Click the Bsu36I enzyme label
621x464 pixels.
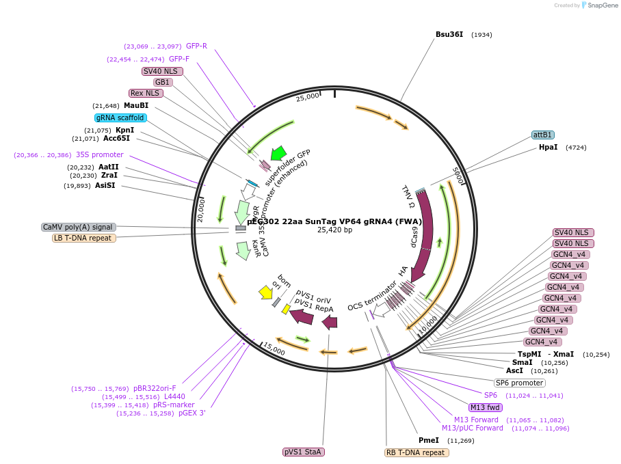pyautogui.click(x=449, y=34)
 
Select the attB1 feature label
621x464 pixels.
pyautogui.click(x=543, y=135)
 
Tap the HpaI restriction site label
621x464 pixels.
pyautogui.click(x=548, y=147)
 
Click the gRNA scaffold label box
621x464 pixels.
pyautogui.click(x=121, y=118)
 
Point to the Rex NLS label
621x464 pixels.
pyautogui.click(x=145, y=93)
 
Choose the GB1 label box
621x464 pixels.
pyautogui.click(x=163, y=82)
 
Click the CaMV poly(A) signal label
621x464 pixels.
pyautogui.click(x=79, y=227)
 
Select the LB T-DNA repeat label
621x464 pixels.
pyautogui.click(x=84, y=238)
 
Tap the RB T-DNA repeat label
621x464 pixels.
pyautogui.click(x=417, y=452)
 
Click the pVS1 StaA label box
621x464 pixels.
pyautogui.click(x=303, y=452)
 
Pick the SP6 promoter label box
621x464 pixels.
pyautogui.click(x=520, y=383)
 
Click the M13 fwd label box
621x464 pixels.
pyautogui.click(x=486, y=407)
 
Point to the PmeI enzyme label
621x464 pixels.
pyautogui.click(x=429, y=440)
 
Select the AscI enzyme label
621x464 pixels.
pyautogui.click(x=514, y=370)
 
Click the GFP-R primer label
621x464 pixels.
pyautogui.click(x=196, y=46)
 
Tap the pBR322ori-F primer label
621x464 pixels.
pyautogui.click(x=155, y=388)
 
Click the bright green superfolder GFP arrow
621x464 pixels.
pyautogui.click(x=278, y=153)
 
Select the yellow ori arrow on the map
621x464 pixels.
pyautogui.click(x=265, y=292)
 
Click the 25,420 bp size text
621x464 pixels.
pyautogui.click(x=334, y=230)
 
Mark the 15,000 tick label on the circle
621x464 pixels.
pyautogui.click(x=274, y=349)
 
